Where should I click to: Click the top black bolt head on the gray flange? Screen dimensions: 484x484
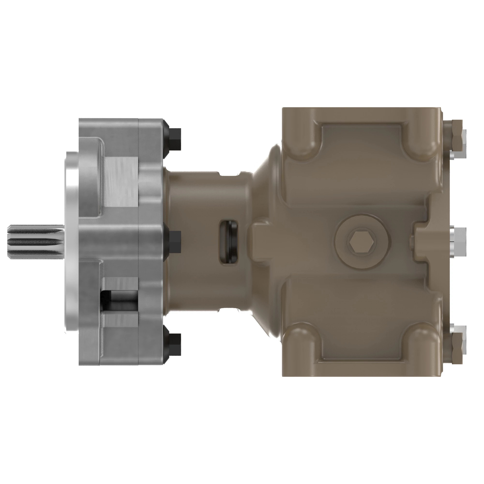coord(175,139)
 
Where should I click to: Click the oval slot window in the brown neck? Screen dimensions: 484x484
coord(228,242)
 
